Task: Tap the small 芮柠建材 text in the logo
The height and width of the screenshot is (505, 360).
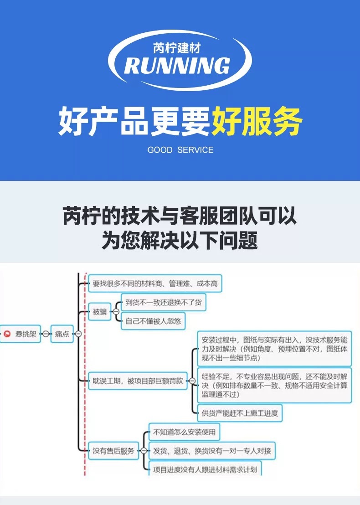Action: pos(177,47)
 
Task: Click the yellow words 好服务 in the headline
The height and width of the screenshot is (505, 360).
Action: pos(257,122)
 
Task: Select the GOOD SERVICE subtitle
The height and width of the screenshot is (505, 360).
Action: pos(180,150)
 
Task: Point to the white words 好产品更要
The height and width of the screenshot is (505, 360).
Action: pos(134,122)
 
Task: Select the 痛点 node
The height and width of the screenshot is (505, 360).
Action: pos(62,334)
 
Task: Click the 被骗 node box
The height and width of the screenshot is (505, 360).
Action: pos(99,312)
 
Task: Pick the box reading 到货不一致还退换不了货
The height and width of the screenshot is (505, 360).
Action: pos(163,302)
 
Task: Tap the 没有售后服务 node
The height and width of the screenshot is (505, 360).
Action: pos(113,451)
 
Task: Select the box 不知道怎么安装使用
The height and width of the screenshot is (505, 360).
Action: pos(184,432)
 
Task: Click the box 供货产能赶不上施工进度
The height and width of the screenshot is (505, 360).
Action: pos(240,414)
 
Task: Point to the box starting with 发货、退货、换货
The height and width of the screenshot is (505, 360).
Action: pos(212,451)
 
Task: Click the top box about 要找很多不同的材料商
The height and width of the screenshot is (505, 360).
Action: pos(155,284)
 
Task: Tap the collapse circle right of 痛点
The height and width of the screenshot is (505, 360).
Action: pos(78,334)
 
